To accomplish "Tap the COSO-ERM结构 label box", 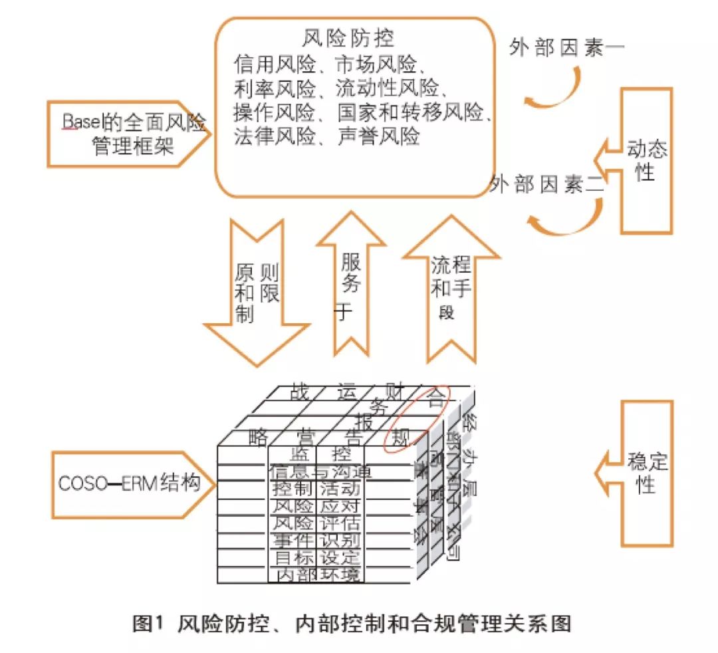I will pos(126,483).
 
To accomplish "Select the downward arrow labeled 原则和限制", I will pos(256,293).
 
